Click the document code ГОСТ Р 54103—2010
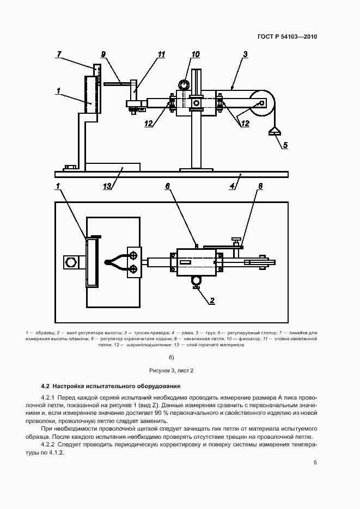click(x=288, y=37)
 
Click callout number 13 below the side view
click(x=107, y=186)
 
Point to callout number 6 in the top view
click(x=168, y=186)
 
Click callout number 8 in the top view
click(x=260, y=186)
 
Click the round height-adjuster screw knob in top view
click(x=196, y=280)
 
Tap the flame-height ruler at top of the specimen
click(x=97, y=71)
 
